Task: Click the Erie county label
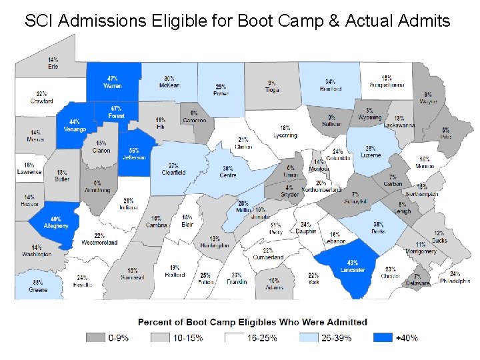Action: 53,67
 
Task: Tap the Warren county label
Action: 113,85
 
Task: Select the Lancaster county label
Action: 352,270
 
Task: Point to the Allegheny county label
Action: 57,226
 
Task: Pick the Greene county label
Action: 38,290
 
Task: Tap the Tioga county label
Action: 271,89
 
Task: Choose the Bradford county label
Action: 330,88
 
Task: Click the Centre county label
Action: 228,175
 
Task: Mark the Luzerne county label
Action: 371,155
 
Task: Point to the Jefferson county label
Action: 134,157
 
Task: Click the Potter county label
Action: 221,94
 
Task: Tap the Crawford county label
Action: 41,101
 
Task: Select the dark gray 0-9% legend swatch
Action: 95,338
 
